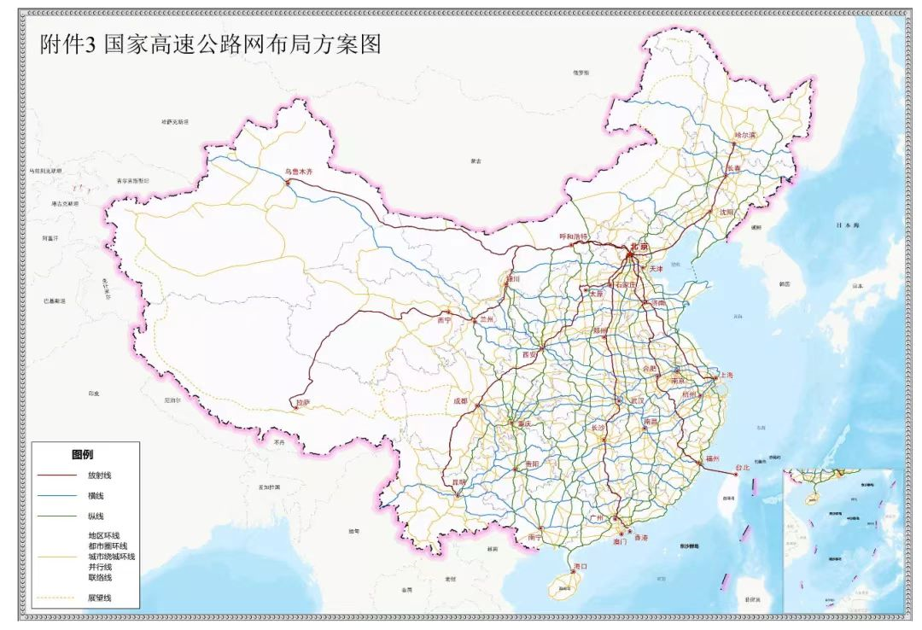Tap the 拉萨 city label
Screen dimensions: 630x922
click(301, 401)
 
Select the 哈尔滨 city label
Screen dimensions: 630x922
click(745, 136)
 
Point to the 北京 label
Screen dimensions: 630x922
click(639, 247)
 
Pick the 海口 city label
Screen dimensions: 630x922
click(581, 566)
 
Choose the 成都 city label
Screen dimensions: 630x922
click(461, 400)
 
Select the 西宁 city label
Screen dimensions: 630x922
click(443, 320)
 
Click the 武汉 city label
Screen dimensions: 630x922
click(635, 400)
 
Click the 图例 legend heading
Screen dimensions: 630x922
click(82, 455)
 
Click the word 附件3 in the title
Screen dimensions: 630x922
click(67, 44)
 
